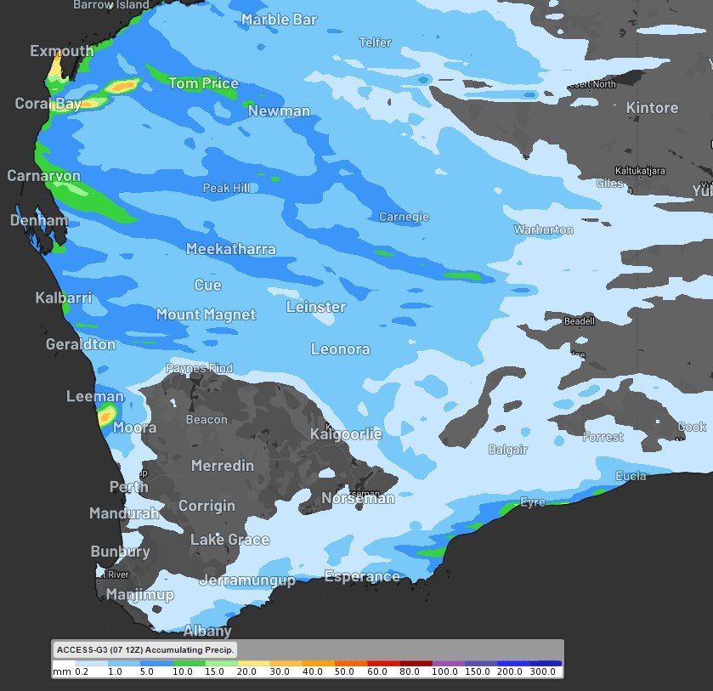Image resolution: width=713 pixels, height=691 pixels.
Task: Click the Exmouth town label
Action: point(61,51)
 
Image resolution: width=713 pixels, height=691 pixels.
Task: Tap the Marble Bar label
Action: point(278,20)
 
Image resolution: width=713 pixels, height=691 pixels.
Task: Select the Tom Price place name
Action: point(203,83)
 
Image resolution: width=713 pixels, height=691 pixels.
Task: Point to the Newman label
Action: point(279,111)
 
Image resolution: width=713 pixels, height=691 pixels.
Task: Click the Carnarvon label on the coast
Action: point(43,176)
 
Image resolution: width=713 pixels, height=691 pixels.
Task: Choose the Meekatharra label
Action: point(230,249)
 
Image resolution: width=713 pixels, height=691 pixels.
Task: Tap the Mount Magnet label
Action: point(206,314)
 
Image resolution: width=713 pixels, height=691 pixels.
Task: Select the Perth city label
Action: point(128,487)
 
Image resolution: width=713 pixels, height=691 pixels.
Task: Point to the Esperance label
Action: point(361,576)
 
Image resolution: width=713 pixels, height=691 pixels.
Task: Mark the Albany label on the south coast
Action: point(207,631)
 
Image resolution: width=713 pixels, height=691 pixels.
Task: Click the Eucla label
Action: point(630,476)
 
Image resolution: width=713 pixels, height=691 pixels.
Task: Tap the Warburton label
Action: point(543,229)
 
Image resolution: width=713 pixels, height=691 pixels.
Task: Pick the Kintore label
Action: point(652,108)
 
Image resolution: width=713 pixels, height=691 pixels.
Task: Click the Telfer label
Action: point(375,42)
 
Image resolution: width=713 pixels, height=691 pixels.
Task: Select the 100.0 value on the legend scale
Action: point(446,671)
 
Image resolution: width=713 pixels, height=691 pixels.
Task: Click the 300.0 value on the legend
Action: point(542,671)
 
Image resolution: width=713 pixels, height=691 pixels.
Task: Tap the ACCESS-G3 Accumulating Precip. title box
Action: point(145,650)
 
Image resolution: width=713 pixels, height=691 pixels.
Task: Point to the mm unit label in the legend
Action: point(61,671)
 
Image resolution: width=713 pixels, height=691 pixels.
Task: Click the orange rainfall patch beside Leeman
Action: point(107,416)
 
